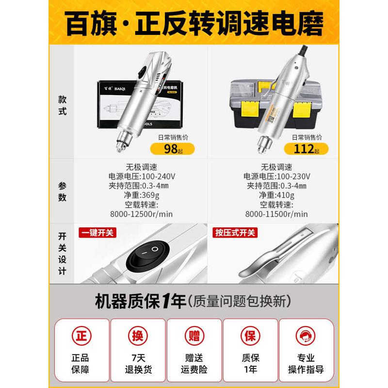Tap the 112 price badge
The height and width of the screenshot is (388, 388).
[304, 148]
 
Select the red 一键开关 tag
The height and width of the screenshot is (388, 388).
[97, 233]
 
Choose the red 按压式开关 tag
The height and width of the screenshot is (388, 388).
[235, 233]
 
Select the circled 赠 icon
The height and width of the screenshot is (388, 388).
[194, 336]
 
